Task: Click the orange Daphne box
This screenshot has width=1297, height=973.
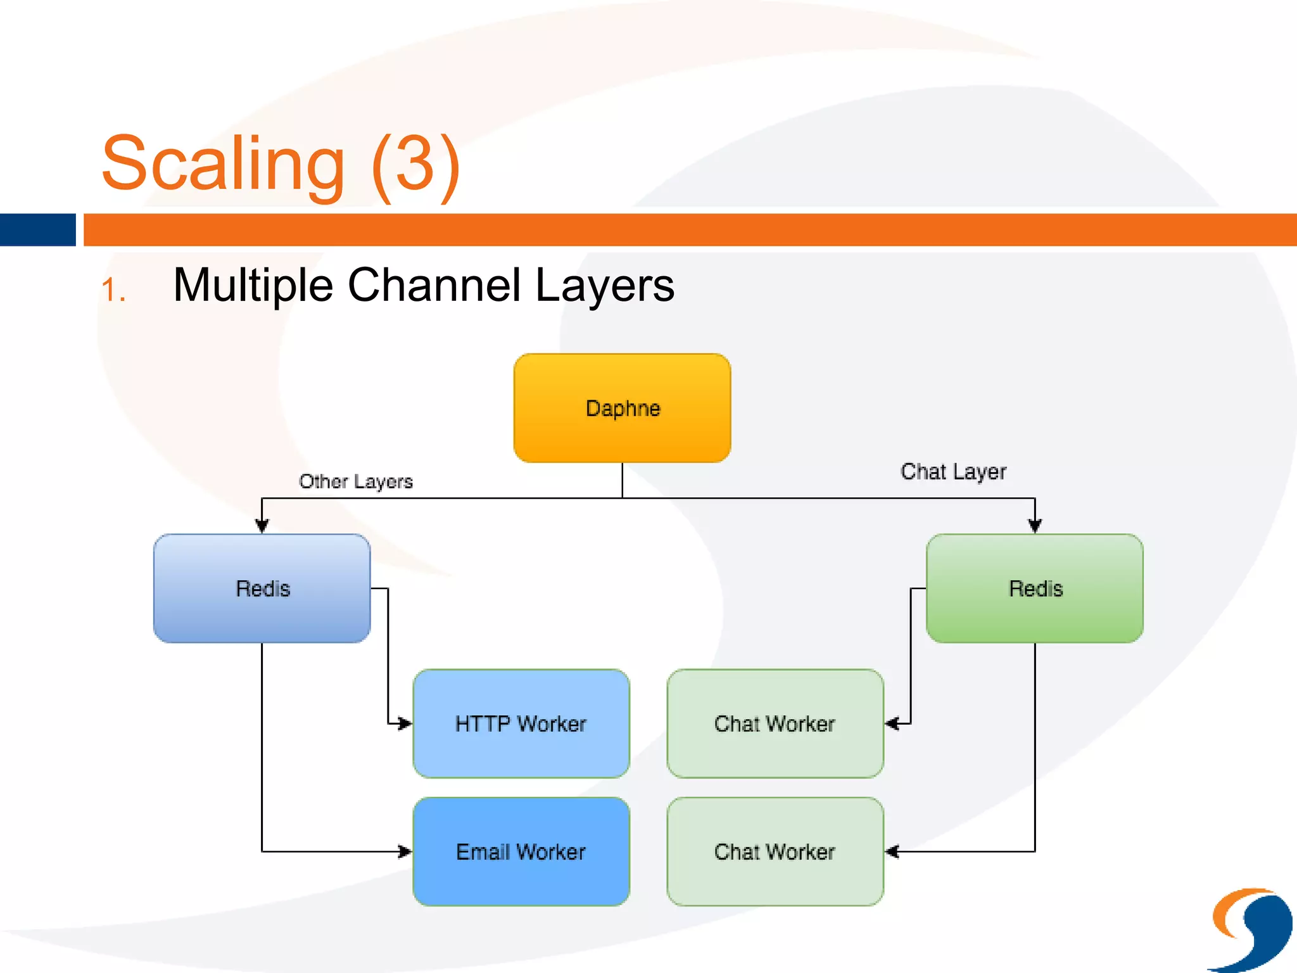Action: click(x=622, y=408)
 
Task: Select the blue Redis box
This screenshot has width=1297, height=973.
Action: click(x=262, y=588)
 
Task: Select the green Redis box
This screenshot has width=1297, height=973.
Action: click(x=1034, y=588)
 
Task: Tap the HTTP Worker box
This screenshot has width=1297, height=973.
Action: click(x=521, y=723)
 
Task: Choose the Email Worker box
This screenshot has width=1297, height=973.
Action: click(x=521, y=851)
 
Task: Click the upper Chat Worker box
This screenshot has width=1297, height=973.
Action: click(x=775, y=723)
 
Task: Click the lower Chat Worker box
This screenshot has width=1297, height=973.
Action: click(x=775, y=851)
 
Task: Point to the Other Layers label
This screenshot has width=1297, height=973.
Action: click(x=355, y=481)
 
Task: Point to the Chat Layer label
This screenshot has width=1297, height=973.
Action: click(x=953, y=471)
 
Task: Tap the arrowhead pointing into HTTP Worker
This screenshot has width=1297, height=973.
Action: click(x=404, y=723)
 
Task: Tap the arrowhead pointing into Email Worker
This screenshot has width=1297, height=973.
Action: click(x=404, y=851)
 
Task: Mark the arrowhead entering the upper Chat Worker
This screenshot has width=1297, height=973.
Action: click(x=892, y=723)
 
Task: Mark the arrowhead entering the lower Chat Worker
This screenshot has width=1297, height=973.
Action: click(x=892, y=851)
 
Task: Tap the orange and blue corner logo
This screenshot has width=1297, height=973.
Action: click(x=1251, y=929)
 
